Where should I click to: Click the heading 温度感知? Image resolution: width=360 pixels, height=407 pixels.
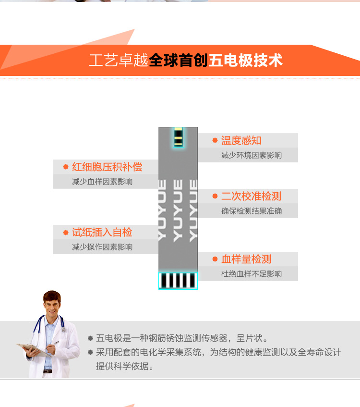(241, 140)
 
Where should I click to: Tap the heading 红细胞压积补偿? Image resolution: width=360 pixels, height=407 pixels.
(107, 167)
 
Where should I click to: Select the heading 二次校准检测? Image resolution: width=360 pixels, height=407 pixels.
(251, 196)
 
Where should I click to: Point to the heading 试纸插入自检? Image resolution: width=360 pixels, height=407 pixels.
(102, 232)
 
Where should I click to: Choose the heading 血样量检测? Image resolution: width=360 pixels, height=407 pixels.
(246, 259)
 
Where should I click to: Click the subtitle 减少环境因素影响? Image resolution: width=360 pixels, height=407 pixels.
(252, 155)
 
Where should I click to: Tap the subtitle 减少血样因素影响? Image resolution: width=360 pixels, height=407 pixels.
(102, 182)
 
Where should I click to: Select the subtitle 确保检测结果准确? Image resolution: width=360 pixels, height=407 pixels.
(252, 211)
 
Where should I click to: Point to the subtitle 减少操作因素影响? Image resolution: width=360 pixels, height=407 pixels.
(102, 247)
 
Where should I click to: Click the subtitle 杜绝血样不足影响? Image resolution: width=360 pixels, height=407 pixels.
(252, 274)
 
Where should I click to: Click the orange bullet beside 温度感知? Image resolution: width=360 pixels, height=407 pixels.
(215, 140)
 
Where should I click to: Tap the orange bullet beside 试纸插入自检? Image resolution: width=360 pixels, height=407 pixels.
(66, 232)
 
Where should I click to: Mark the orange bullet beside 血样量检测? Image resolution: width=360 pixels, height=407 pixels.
(215, 259)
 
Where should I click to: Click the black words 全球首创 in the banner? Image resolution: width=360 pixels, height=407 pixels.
(178, 61)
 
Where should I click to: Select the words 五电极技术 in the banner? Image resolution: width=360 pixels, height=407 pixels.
(245, 61)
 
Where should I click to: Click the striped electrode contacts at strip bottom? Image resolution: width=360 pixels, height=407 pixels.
(178, 281)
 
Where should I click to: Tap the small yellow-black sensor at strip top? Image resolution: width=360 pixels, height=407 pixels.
(179, 137)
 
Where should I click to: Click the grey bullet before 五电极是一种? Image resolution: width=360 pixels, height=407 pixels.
(90, 338)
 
